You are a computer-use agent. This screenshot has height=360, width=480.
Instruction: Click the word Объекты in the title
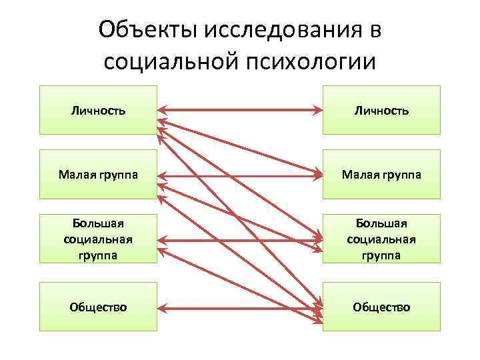point(138,30)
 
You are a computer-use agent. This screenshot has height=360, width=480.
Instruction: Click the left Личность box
point(98,109)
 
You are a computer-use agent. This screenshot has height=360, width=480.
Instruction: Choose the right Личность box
point(381,109)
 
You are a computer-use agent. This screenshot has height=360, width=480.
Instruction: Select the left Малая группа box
point(98,175)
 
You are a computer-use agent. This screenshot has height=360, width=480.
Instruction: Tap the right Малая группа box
point(381,175)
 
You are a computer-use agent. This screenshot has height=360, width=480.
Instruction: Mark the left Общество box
point(98,307)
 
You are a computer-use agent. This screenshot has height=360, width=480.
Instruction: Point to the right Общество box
point(381,307)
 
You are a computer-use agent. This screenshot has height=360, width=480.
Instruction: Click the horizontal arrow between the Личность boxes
point(240,109)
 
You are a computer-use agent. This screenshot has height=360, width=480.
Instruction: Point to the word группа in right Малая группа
point(400,175)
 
